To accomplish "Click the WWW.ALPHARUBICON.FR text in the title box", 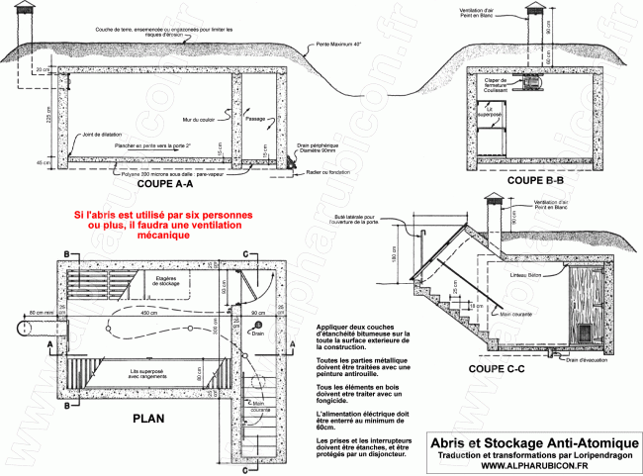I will (x=529, y=465).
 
